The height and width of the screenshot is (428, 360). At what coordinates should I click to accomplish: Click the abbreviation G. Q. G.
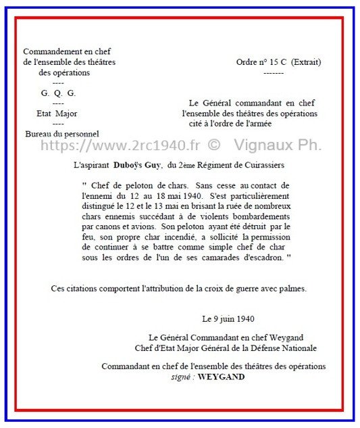point(58,93)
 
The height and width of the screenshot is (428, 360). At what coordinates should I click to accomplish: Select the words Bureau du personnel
point(61,134)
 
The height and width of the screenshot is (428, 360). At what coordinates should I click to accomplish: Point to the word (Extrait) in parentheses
point(306,62)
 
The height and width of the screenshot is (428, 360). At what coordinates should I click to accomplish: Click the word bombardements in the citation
point(255,218)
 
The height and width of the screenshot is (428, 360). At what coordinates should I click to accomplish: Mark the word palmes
point(292,288)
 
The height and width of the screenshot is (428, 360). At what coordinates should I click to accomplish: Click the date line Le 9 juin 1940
point(228,318)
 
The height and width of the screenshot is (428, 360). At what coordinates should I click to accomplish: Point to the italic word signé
point(182,377)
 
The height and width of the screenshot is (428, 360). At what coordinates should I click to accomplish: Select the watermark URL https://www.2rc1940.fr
point(121,146)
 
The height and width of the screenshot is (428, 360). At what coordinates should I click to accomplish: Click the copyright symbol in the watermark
point(214,146)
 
